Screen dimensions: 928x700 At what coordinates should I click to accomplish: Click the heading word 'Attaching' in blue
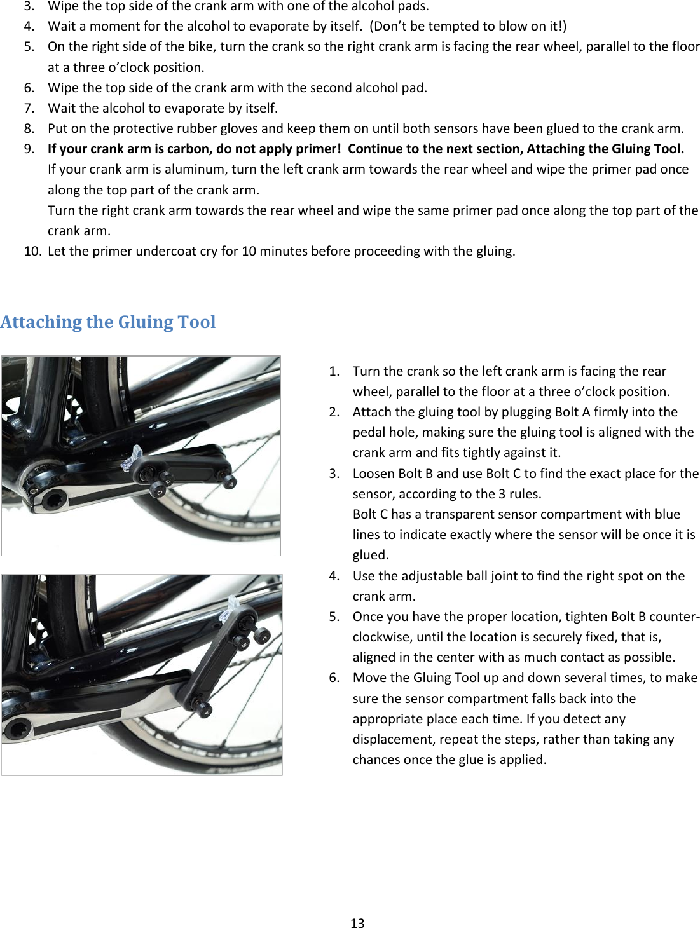point(41,322)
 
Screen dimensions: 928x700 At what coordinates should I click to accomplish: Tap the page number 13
point(357,923)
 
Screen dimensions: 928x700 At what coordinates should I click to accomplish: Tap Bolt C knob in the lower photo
point(261,635)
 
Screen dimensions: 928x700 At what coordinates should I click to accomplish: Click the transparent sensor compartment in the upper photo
point(132,458)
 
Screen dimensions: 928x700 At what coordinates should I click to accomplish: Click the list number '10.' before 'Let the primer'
point(33,251)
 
